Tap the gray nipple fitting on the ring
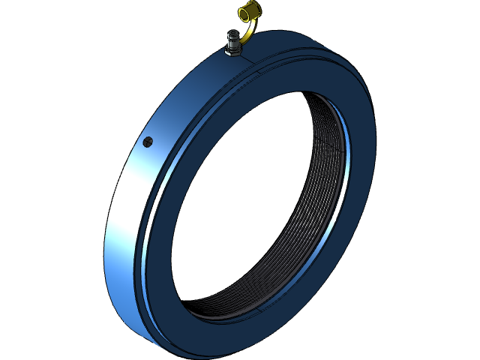pos(233,41)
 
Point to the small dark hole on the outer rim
pos(148,140)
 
